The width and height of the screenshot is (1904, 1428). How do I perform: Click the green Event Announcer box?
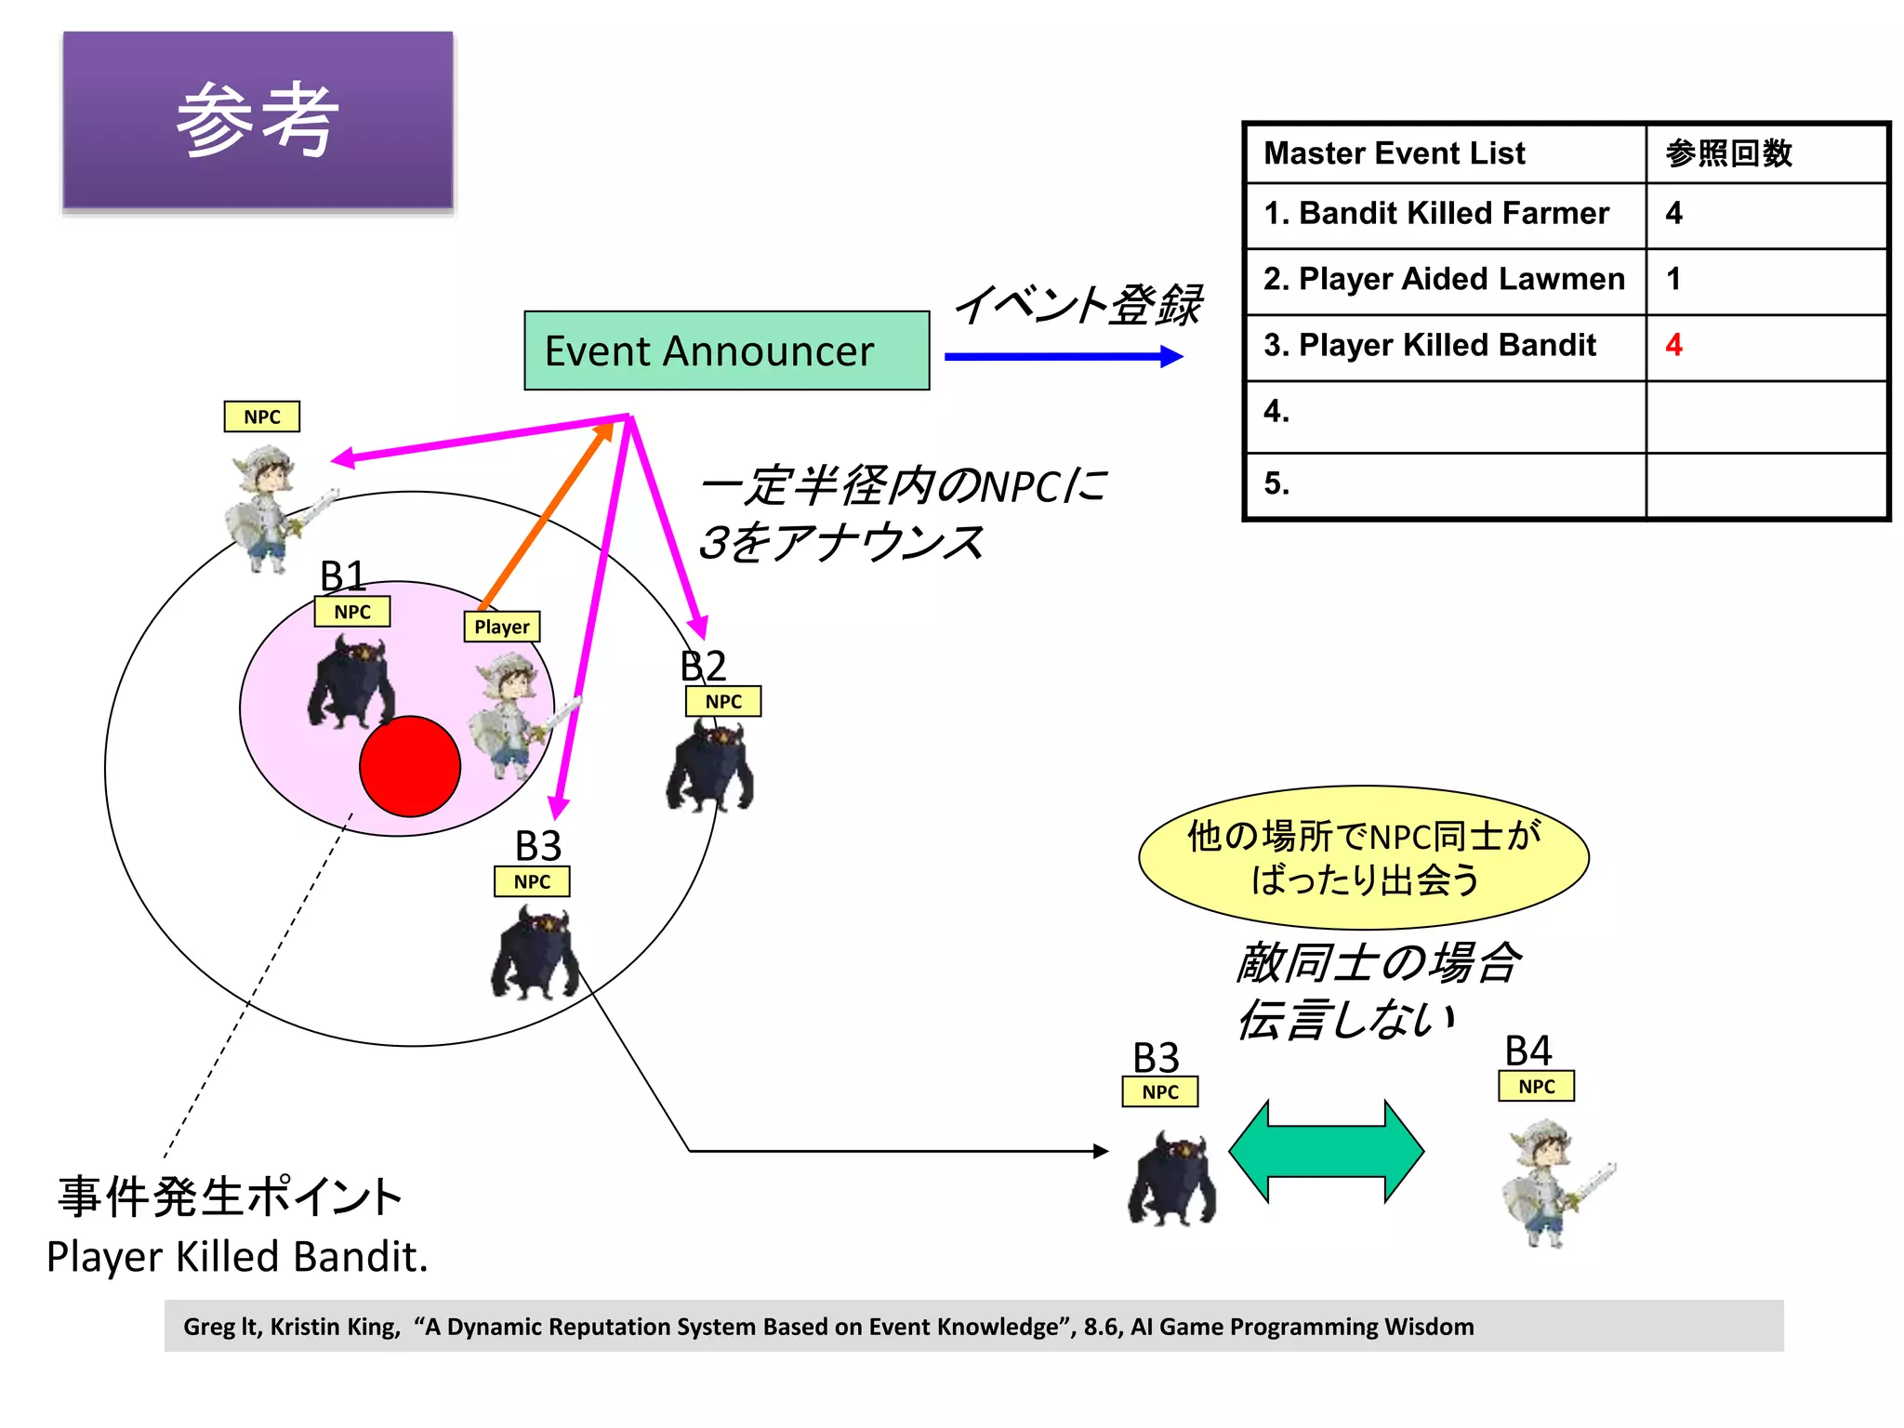click(726, 350)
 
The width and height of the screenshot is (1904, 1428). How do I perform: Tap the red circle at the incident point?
click(410, 766)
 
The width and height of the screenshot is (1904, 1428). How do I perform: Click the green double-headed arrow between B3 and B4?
click(1326, 1151)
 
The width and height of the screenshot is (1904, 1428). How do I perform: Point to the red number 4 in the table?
click(1673, 345)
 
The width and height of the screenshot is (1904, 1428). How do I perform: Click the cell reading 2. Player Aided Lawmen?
click(1445, 279)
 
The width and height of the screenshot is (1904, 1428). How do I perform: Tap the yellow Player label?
click(502, 627)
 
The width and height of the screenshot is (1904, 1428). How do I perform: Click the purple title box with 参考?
click(258, 120)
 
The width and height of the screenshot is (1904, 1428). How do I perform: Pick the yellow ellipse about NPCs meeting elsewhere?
click(1363, 857)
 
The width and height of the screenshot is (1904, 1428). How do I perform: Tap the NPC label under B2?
click(723, 702)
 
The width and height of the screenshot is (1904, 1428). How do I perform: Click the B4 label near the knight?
click(1527, 1051)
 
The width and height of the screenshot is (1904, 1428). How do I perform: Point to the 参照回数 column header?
click(1728, 153)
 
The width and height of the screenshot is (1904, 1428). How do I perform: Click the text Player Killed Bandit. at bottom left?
click(237, 1257)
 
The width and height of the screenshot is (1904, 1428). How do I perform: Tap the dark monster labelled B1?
click(350, 682)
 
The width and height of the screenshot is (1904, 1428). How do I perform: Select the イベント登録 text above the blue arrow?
click(1078, 305)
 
